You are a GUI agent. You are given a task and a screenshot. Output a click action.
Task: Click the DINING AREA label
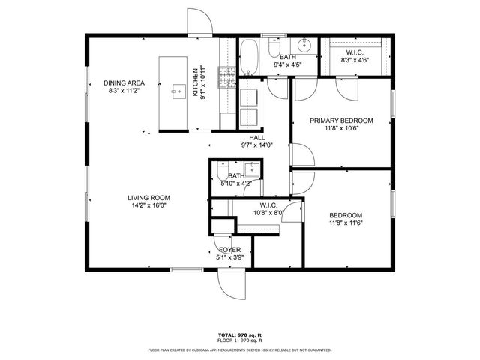[x=124, y=83]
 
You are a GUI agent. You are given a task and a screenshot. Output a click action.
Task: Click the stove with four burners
[x=225, y=74]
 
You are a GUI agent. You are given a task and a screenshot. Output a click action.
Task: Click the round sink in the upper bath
[x=306, y=43]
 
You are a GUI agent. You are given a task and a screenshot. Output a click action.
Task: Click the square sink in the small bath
[x=253, y=169]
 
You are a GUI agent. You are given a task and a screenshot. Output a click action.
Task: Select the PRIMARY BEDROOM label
[x=341, y=120]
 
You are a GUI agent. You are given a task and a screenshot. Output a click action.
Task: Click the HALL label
[x=256, y=137]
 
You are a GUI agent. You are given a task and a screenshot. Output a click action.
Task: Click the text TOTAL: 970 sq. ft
[x=240, y=335]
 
